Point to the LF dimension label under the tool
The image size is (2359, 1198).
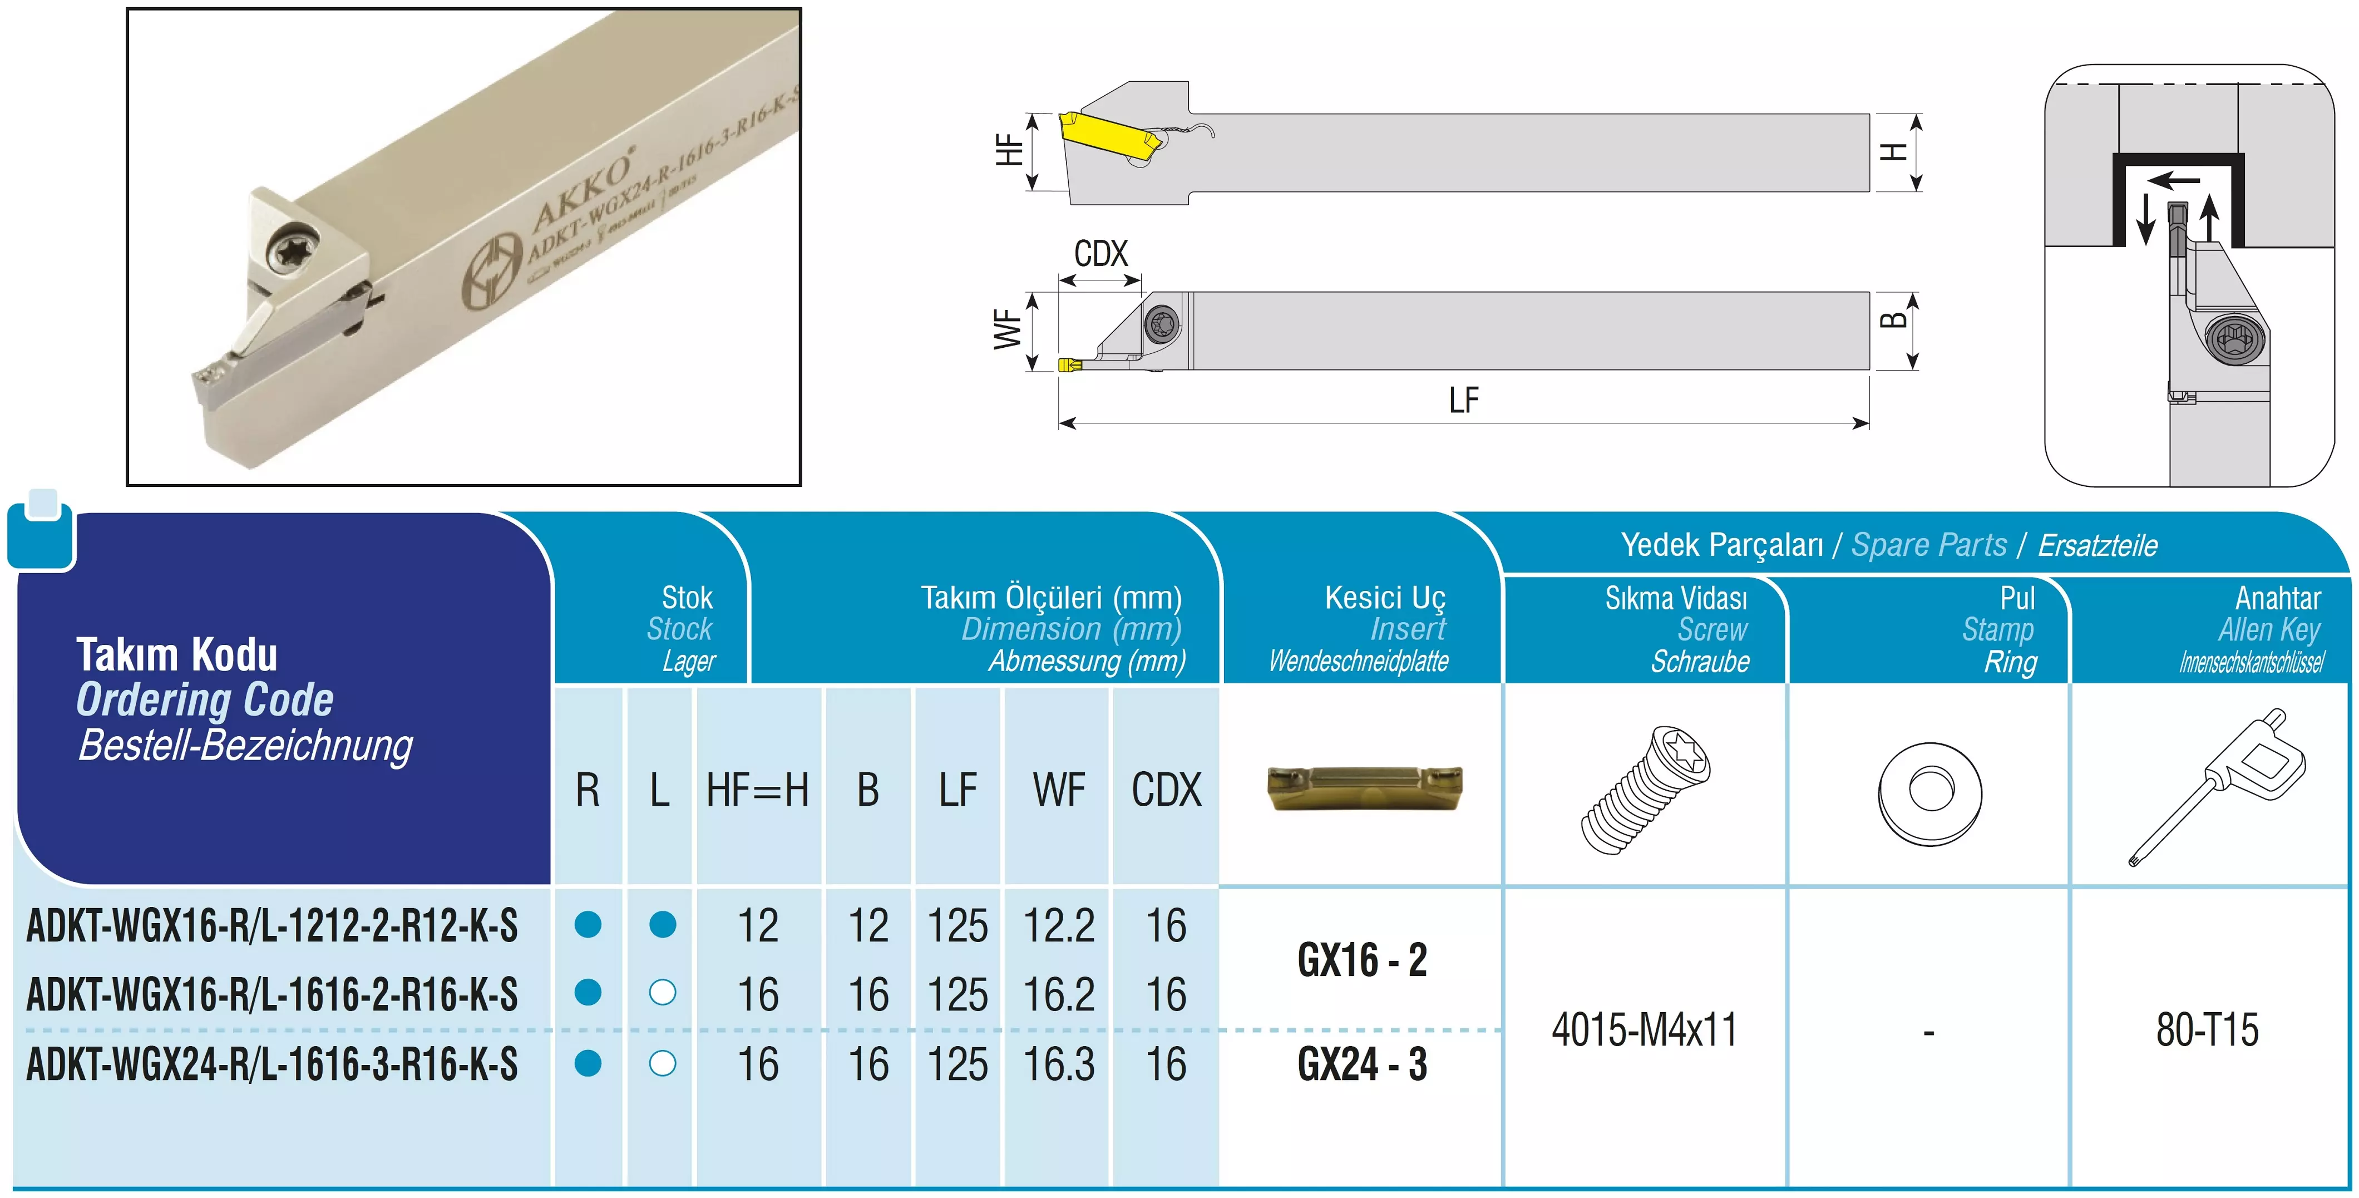point(1463,400)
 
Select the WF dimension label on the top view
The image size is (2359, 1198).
point(1008,329)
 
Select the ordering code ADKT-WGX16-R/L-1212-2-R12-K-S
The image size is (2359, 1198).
point(272,925)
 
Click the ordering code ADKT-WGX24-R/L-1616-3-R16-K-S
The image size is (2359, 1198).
point(272,1064)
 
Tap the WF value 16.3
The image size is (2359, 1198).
point(1059,1064)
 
